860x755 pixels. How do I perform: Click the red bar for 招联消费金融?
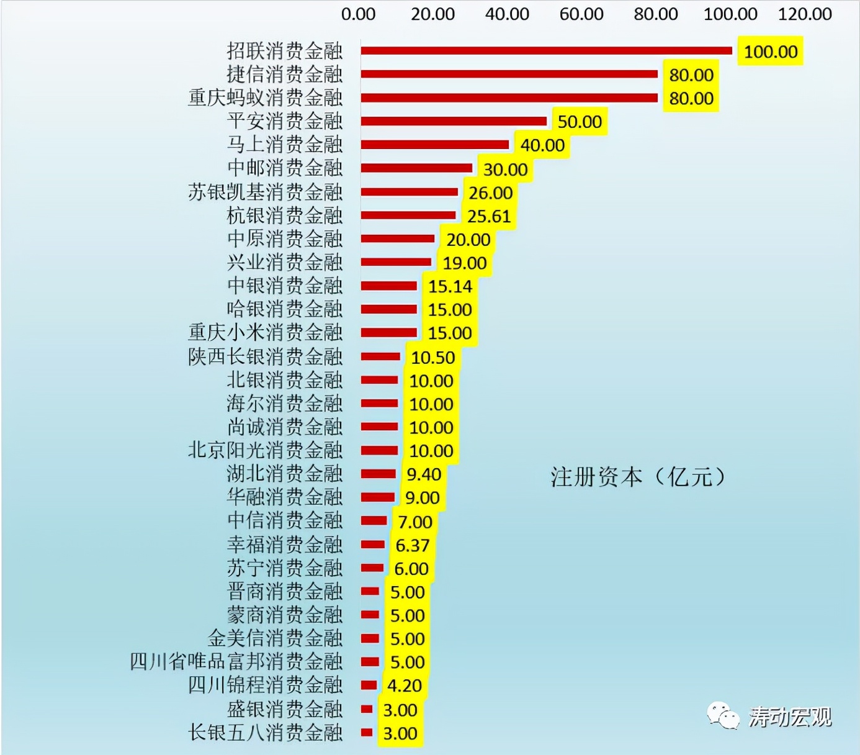click(546, 51)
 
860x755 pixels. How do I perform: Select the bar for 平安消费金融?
click(454, 121)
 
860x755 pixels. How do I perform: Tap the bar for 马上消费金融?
click(435, 145)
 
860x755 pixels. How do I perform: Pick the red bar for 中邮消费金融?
click(416, 168)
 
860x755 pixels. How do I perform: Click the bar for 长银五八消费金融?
click(367, 733)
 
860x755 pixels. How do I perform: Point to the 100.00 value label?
click(771, 52)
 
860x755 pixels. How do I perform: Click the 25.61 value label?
click(489, 216)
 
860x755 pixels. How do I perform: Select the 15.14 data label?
click(450, 286)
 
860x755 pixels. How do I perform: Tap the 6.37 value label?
click(412, 545)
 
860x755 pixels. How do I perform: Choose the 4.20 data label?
click(404, 685)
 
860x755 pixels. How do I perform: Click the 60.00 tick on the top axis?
click(581, 14)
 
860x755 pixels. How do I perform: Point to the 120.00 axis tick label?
click(805, 14)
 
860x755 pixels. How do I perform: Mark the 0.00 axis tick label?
click(358, 14)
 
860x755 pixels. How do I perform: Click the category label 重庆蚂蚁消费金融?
click(265, 97)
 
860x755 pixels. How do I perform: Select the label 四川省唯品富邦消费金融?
click(236, 661)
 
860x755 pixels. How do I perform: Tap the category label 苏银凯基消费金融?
click(265, 192)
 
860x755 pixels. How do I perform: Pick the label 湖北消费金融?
click(284, 474)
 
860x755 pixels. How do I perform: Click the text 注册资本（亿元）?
click(638, 477)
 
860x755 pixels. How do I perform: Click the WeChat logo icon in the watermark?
click(723, 717)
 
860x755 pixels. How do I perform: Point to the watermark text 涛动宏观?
click(789, 717)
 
